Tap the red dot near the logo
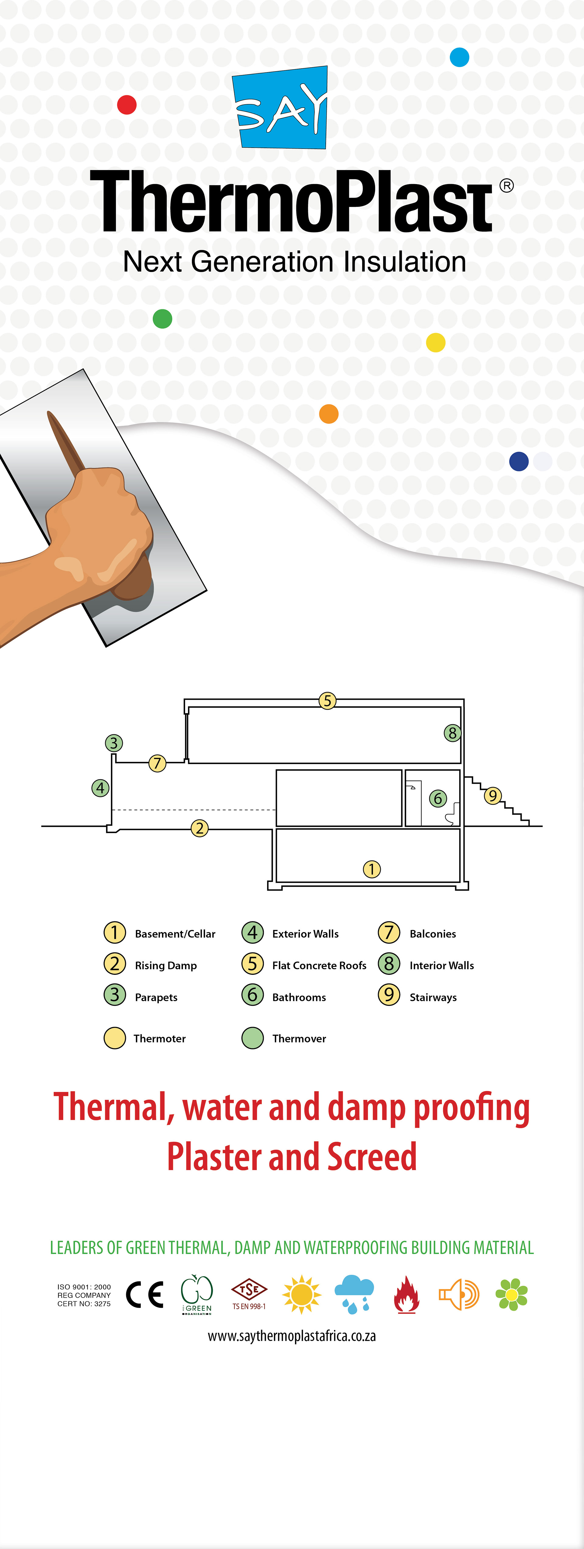tap(127, 105)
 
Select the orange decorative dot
tap(328, 414)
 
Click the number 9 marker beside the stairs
tap(493, 795)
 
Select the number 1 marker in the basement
tap(372, 869)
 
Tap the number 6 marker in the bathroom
tap(438, 799)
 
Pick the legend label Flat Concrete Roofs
tap(319, 965)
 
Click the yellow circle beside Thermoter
tap(115, 1038)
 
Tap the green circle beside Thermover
tap(252, 1038)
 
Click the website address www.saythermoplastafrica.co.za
tap(292, 1336)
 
